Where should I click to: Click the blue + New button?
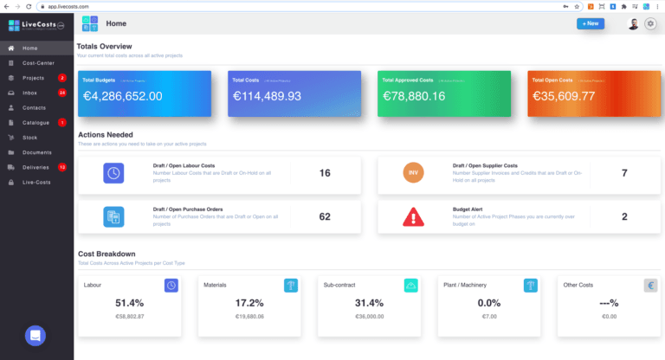(x=591, y=23)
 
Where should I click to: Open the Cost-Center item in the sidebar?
(x=39, y=63)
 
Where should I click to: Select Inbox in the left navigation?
(x=29, y=93)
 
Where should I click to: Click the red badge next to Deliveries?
(x=62, y=167)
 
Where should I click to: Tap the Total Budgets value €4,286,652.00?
(x=122, y=96)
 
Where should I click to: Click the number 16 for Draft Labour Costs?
(x=325, y=173)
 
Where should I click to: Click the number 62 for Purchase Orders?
(x=325, y=216)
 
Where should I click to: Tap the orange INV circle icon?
(x=414, y=173)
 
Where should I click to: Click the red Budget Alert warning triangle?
(x=414, y=216)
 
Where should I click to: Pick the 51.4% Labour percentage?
(x=129, y=303)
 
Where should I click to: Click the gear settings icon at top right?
(x=650, y=24)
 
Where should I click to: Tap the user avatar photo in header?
(x=633, y=24)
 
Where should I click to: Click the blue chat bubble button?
(x=36, y=335)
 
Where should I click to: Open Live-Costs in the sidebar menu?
(x=36, y=183)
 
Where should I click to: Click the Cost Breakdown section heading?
(x=107, y=254)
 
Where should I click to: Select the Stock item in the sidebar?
(x=29, y=138)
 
